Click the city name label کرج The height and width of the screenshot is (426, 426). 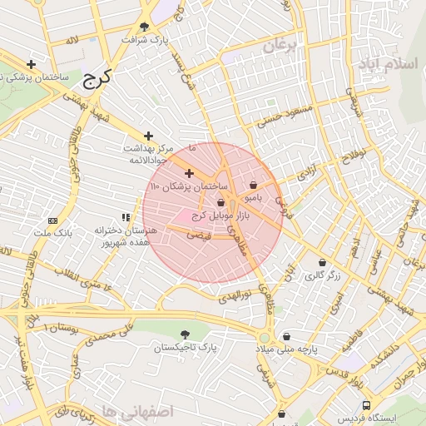(97, 79)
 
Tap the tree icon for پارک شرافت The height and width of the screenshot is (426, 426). (145, 26)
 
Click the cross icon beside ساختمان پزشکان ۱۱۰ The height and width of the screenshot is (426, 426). (189, 173)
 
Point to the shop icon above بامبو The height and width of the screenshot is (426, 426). (253, 185)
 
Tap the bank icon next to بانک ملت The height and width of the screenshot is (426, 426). (53, 220)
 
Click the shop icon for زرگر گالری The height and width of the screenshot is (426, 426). (322, 263)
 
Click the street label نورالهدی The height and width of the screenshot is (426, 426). (240, 295)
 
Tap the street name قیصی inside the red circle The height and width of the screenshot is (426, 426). (201, 236)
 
